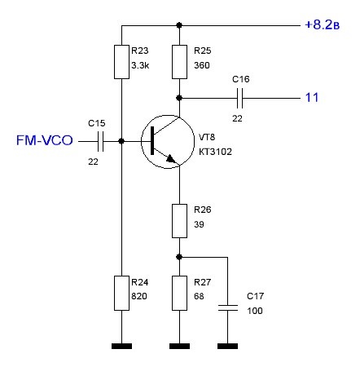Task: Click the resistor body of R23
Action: pos(121,62)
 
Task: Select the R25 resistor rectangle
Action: pos(179,62)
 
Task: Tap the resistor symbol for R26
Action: pos(179,221)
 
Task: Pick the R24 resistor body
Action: pos(121,293)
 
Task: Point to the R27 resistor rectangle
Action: pos(179,293)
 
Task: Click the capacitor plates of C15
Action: pos(100,141)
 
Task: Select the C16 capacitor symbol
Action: pos(239,98)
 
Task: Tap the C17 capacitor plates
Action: pos(228,308)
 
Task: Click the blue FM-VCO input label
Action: pos(45,140)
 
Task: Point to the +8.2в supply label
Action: pos(322,24)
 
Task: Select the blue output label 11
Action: pos(312,97)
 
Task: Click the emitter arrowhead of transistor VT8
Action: pos(170,158)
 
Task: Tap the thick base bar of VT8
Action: pos(152,140)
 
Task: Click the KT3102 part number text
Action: pos(215,152)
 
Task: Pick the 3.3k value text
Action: pos(140,65)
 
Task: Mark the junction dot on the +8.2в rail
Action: pos(179,25)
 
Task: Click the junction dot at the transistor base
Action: pos(121,141)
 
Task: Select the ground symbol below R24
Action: pos(121,346)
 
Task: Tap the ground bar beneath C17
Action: pos(228,346)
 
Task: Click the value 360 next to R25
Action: pos(202,65)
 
